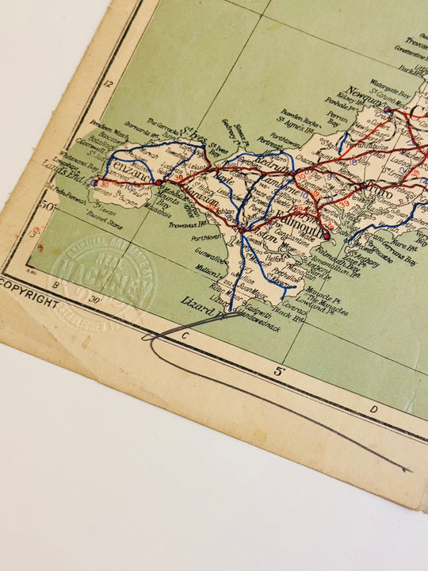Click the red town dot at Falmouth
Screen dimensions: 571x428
click(327, 235)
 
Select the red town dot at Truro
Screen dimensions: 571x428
click(363, 186)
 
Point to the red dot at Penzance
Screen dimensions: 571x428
click(159, 182)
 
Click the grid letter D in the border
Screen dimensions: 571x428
click(373, 409)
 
